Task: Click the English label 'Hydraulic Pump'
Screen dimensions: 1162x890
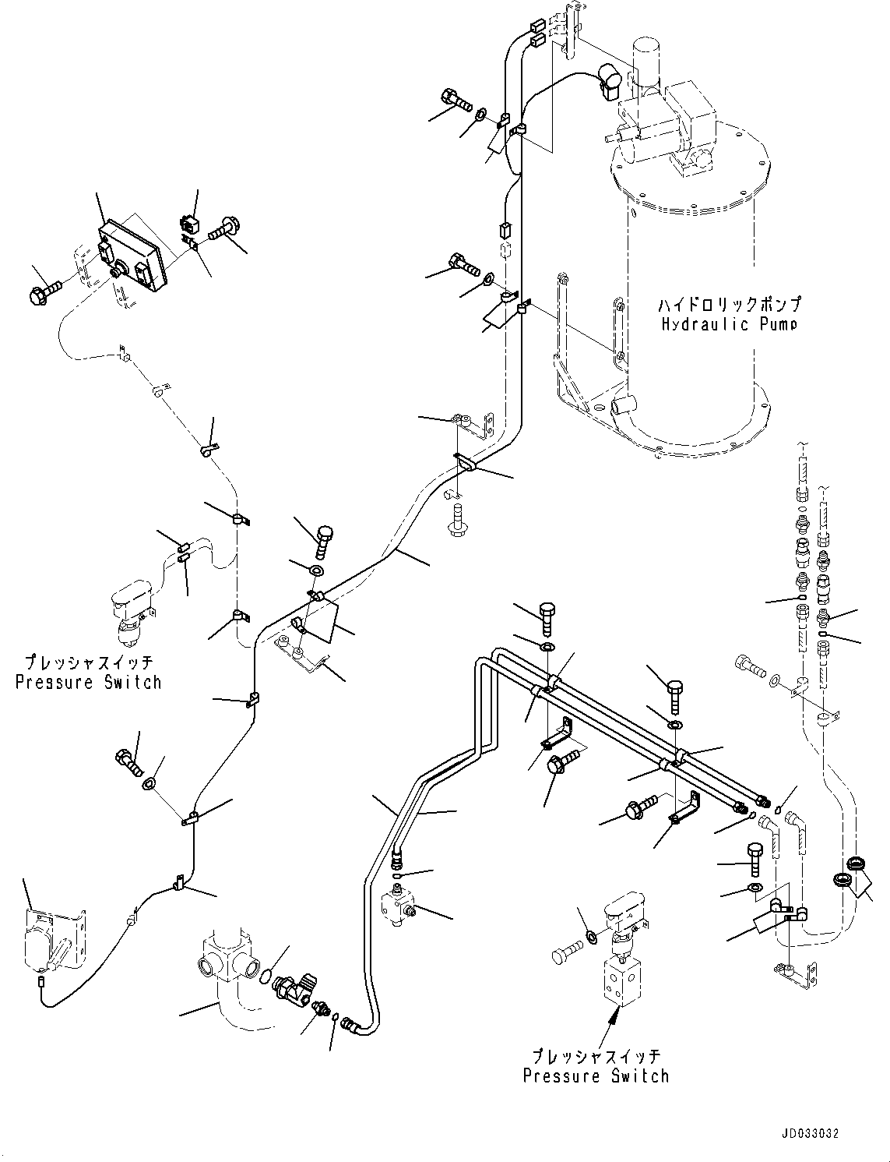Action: [729, 324]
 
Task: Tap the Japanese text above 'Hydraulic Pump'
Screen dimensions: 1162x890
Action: [729, 304]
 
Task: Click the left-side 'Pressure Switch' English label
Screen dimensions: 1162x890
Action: [89, 683]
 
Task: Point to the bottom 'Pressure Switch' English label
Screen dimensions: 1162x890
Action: [596, 1076]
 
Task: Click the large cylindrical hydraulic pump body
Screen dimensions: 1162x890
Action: [689, 312]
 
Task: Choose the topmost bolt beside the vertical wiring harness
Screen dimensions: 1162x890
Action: [458, 101]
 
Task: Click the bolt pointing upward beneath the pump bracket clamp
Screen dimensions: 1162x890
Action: [456, 520]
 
